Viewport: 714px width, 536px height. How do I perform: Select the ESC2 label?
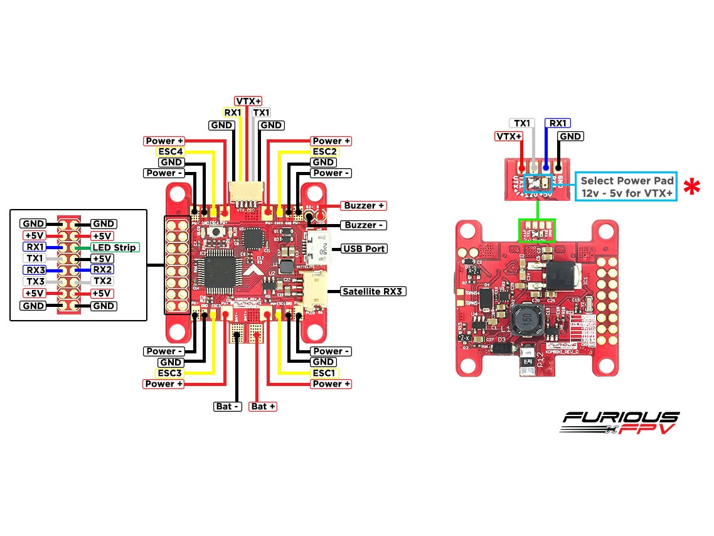[326, 151]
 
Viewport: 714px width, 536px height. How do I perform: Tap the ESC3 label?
[169, 373]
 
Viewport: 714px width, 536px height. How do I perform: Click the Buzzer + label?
[364, 205]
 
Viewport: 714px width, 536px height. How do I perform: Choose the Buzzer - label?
[364, 225]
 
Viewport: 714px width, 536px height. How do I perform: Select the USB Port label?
[364, 249]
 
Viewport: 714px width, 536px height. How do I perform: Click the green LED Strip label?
[115, 247]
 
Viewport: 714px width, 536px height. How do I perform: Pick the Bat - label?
[228, 407]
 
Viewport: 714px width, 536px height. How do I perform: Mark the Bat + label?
[264, 407]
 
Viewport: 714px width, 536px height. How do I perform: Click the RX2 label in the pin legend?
[103, 270]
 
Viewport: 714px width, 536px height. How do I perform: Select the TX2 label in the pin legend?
[103, 282]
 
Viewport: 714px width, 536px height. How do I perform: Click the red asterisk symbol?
[691, 187]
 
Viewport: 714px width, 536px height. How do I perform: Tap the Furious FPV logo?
[619, 422]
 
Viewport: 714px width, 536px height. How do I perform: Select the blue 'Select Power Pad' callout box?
[626, 186]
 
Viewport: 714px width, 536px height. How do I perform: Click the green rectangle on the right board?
[536, 230]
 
